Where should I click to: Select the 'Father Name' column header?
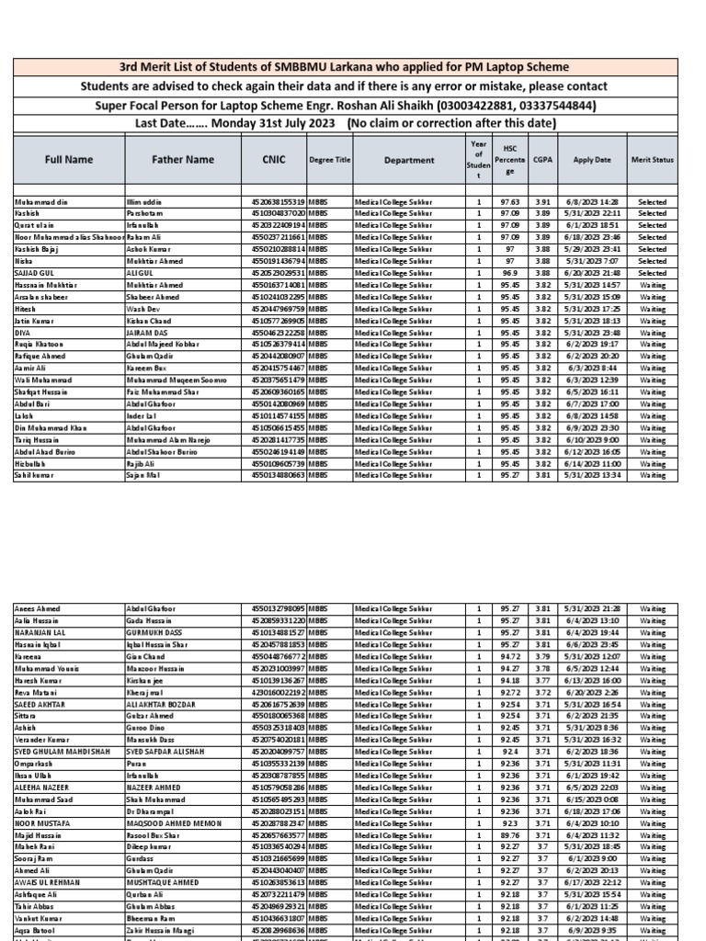pos(182,160)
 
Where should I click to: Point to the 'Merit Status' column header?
pos(652,160)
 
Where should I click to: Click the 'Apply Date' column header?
pos(591,160)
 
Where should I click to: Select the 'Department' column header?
pos(409,160)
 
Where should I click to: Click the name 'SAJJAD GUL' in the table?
pos(33,273)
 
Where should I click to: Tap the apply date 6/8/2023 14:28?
pos(591,201)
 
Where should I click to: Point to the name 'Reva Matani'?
pos(35,691)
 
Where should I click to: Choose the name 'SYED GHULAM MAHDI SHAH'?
pos(63,751)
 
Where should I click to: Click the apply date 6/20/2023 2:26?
pos(591,691)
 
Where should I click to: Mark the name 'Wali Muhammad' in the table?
pos(40,380)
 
